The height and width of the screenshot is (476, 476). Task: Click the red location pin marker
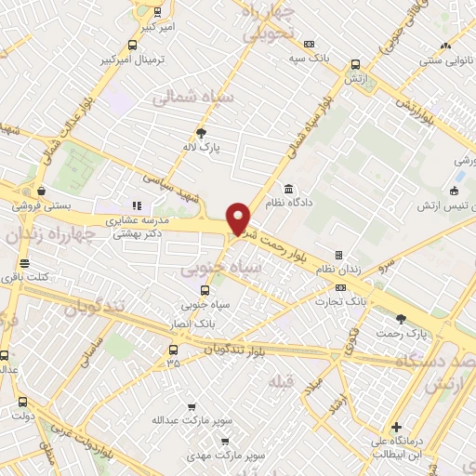click(x=239, y=218)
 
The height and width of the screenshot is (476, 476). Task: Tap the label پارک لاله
click(x=202, y=147)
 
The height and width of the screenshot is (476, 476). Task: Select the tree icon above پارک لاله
click(x=202, y=133)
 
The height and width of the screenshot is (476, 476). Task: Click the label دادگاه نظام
click(x=290, y=201)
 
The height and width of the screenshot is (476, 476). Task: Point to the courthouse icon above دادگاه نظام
click(x=290, y=187)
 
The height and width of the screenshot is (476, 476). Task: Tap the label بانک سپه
click(x=309, y=58)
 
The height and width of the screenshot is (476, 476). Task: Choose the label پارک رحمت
click(x=401, y=332)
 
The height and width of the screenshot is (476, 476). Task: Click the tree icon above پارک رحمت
click(x=401, y=318)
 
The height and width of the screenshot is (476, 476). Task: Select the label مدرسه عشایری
click(x=136, y=220)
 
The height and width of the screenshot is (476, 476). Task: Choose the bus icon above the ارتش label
click(x=355, y=65)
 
